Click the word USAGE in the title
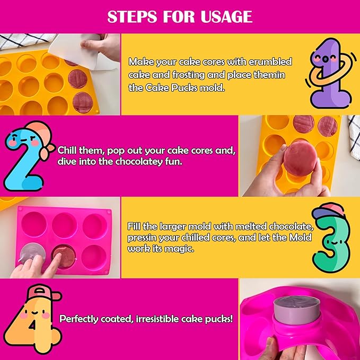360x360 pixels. (226, 16)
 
